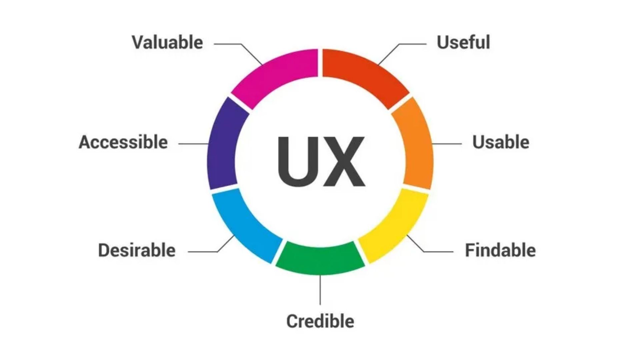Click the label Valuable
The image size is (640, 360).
tap(167, 43)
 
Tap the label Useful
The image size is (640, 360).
tap(463, 42)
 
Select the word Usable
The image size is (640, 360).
tap(501, 142)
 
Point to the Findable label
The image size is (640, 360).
tap(500, 250)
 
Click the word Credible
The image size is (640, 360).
tap(320, 321)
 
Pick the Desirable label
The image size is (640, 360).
tap(137, 250)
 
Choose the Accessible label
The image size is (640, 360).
tap(123, 142)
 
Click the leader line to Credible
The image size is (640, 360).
tap(320, 290)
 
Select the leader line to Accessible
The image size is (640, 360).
tap(194, 144)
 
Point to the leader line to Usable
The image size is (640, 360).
tap(447, 144)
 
